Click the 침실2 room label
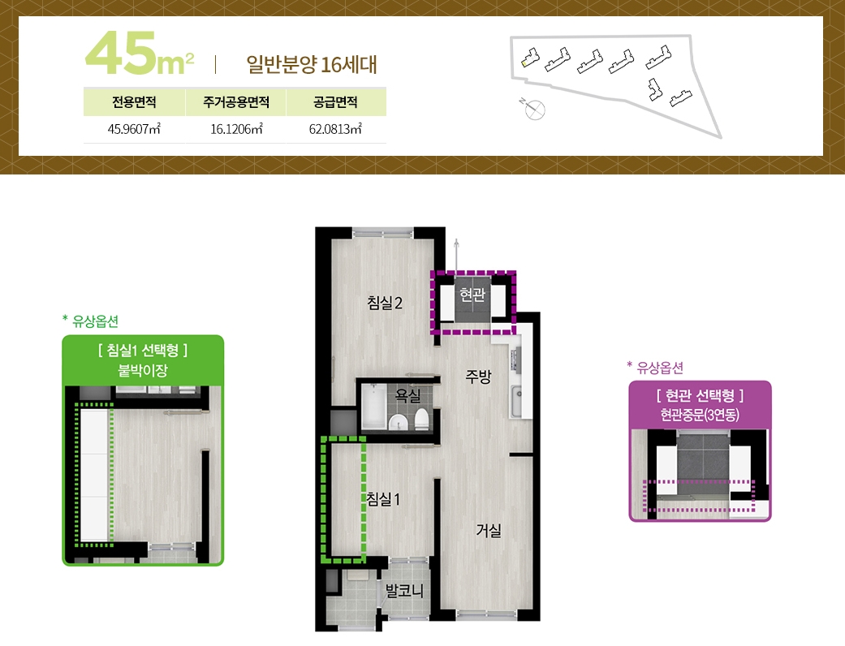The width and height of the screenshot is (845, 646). (x=384, y=302)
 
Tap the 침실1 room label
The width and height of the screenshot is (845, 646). (x=383, y=499)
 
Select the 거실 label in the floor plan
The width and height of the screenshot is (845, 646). (x=489, y=530)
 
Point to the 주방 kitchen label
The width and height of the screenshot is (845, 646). (x=479, y=376)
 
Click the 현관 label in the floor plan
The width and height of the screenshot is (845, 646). (x=472, y=294)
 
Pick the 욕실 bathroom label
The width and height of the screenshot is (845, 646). (x=408, y=395)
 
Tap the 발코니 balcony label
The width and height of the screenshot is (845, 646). (x=405, y=591)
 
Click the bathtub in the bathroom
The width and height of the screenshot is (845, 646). (x=374, y=407)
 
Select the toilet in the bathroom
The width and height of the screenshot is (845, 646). (x=421, y=419)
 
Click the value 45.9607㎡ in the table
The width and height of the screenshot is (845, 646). (x=134, y=129)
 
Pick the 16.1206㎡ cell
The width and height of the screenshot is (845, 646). (x=236, y=129)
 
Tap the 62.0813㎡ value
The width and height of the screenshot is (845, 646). (x=335, y=129)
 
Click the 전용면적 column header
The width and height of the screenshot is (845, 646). (x=134, y=101)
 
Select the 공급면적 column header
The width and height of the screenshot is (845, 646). (x=335, y=101)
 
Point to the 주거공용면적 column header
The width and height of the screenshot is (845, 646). (x=236, y=101)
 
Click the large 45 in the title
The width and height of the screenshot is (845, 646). (x=121, y=53)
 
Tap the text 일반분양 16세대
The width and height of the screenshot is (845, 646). (x=312, y=64)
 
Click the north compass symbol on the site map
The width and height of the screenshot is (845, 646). (x=533, y=108)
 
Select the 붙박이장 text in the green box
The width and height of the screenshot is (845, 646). (x=143, y=370)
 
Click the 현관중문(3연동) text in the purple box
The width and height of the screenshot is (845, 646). (x=700, y=415)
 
